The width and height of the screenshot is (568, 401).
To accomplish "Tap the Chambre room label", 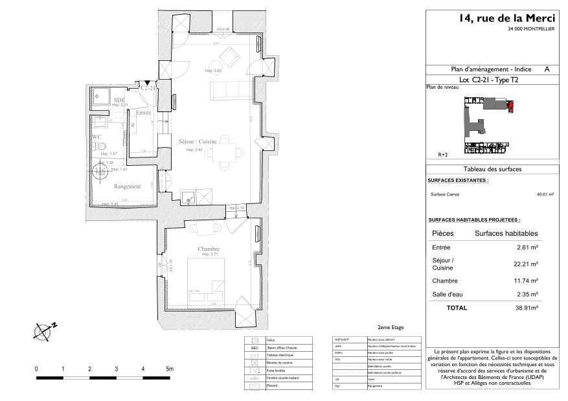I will tap(209, 249).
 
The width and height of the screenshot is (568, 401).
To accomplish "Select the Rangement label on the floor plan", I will tap(127, 187).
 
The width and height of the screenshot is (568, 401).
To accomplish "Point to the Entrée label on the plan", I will tap(143, 113).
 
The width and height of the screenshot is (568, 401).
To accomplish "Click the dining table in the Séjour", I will tap(224, 150).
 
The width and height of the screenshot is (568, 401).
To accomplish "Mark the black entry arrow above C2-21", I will tap(147, 82).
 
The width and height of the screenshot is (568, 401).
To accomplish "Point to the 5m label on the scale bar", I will tap(170, 369).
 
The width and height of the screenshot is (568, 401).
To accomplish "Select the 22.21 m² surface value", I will tap(525, 264).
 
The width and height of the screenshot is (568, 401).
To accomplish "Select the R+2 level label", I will tap(444, 155).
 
